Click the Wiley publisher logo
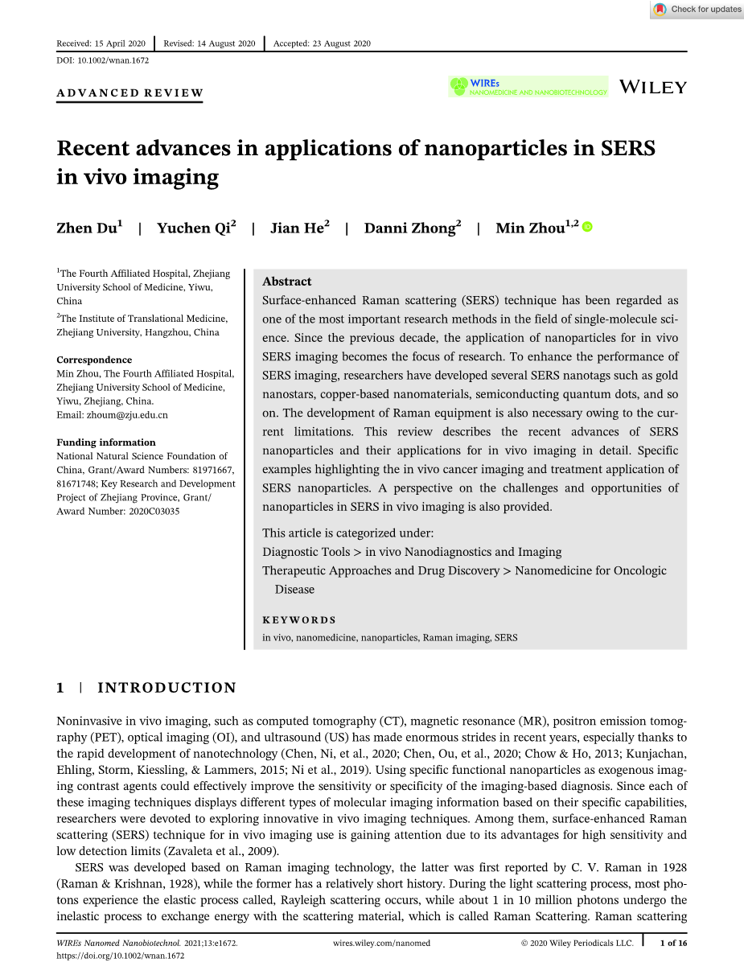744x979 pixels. pyautogui.click(x=653, y=87)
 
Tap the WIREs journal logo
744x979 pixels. pyautogui.click(x=528, y=87)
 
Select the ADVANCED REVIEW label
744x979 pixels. pyautogui.click(x=129, y=93)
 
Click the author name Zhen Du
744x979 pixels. pyautogui.click(x=88, y=228)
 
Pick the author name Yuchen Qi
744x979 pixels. pyautogui.click(x=195, y=228)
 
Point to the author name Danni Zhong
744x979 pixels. pyautogui.click(x=412, y=228)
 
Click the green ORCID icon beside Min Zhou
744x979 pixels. pyautogui.click(x=587, y=228)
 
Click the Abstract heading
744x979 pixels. pyautogui.click(x=287, y=282)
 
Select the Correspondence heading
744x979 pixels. pyautogui.click(x=94, y=360)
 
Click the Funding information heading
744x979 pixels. pyautogui.click(x=106, y=442)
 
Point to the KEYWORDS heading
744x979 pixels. pyautogui.click(x=299, y=620)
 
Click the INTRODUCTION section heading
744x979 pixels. pyautogui.click(x=166, y=688)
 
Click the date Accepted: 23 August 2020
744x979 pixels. pyautogui.click(x=322, y=43)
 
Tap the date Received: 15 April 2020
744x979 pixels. pyautogui.click(x=101, y=43)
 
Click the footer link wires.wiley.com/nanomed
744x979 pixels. pyautogui.click(x=380, y=944)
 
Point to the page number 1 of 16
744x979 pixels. pyautogui.click(x=673, y=944)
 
